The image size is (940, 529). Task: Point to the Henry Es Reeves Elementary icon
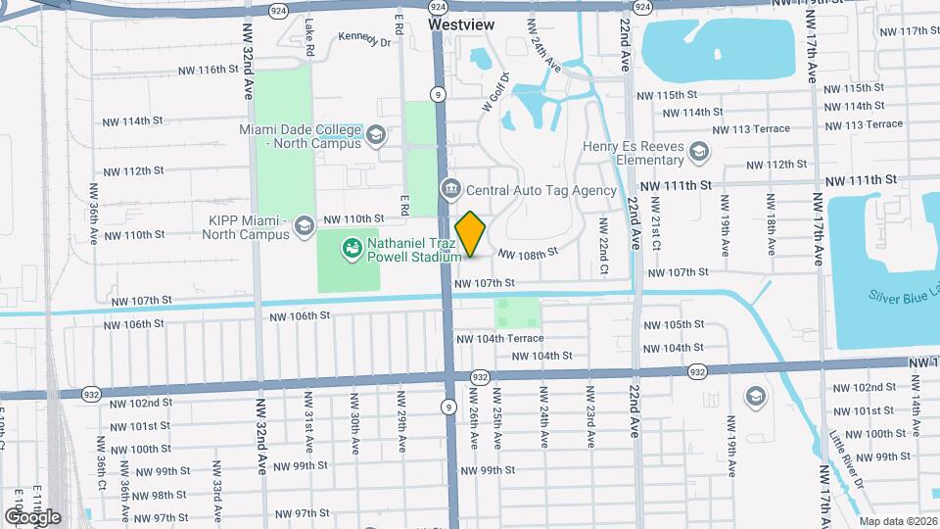698,150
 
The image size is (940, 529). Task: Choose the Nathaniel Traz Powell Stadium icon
350,249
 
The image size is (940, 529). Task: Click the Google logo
32,516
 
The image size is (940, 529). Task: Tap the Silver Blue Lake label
902,296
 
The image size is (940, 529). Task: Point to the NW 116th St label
209,71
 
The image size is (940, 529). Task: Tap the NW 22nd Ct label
605,244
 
